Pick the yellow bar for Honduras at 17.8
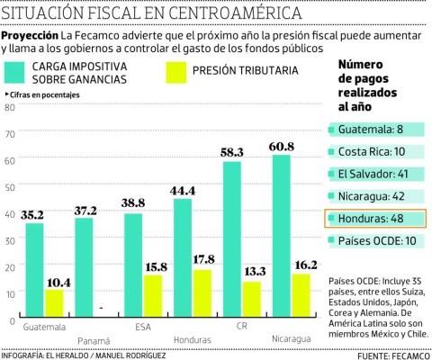click(203, 292)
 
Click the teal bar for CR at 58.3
click(231, 239)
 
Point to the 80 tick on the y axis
click(11, 108)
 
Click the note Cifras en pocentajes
click(40, 94)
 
